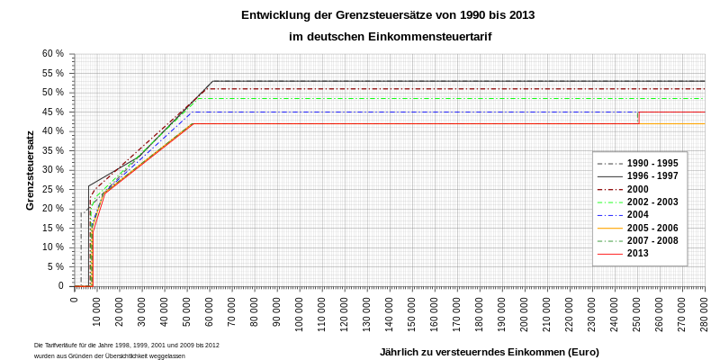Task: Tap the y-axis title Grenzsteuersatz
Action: (30, 170)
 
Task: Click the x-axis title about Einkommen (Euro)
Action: (489, 352)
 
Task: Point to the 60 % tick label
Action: (53, 54)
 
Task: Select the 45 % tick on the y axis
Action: (53, 112)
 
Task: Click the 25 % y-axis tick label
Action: (53, 189)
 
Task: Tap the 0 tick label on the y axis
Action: (60, 286)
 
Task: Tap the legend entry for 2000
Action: (637, 189)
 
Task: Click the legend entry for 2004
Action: (637, 215)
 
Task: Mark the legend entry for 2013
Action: (637, 254)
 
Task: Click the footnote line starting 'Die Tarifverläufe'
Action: (126, 345)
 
